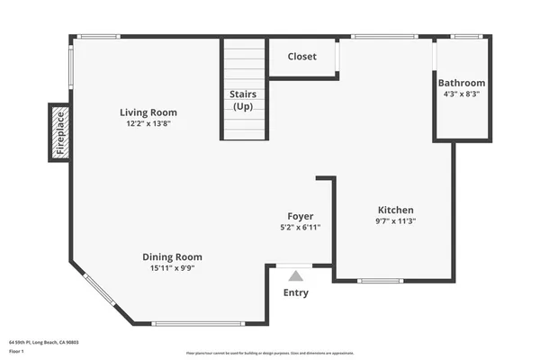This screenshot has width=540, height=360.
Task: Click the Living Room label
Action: tap(148, 112)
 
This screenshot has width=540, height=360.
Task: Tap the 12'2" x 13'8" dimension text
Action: tap(148, 124)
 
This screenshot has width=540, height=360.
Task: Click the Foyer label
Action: tap(300, 216)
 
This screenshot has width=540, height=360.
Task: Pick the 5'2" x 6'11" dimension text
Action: tap(300, 228)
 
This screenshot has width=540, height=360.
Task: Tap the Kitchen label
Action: tap(395, 209)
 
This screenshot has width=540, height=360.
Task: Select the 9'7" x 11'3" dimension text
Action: tap(395, 220)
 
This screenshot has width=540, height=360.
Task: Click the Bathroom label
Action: tap(462, 83)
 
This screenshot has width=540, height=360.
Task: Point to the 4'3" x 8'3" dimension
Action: tap(462, 94)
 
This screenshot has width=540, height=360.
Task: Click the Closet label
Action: tap(301, 57)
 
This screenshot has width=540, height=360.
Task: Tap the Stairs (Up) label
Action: tap(243, 100)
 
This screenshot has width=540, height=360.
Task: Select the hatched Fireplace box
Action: tap(60, 132)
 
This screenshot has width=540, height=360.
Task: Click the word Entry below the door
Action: tap(295, 292)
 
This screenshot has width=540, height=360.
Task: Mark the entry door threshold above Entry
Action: tap(293, 265)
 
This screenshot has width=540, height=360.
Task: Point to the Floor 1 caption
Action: tap(17, 352)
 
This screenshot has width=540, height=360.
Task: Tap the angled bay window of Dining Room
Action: tap(100, 290)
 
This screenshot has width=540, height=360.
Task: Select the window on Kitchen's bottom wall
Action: tap(380, 281)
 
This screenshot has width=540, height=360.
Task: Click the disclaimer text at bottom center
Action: tap(270, 353)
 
